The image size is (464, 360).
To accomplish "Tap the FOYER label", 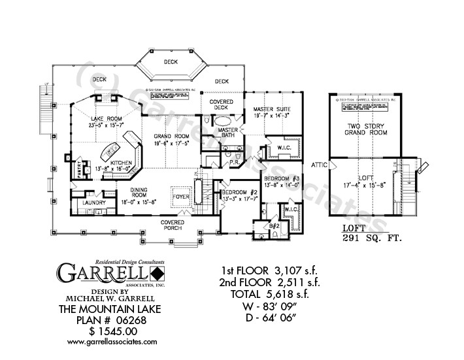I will coord(180,195).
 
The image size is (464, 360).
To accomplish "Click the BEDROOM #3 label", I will coord(282,178).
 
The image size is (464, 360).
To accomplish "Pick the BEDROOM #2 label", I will coord(238,192).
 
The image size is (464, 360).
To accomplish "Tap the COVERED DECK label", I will coord(222,106).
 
